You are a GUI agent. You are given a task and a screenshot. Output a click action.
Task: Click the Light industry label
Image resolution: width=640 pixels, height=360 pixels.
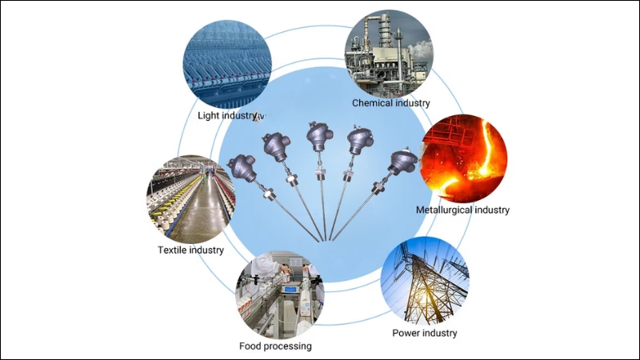point(229,115)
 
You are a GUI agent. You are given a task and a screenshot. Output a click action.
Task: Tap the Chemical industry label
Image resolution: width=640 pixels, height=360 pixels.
point(391,102)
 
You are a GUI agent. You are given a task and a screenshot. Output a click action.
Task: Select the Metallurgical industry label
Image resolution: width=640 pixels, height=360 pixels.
point(462,210)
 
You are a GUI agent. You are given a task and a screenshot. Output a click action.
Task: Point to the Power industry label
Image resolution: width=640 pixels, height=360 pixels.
point(424,332)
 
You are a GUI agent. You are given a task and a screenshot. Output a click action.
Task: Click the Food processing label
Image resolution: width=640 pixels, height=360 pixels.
point(275,346)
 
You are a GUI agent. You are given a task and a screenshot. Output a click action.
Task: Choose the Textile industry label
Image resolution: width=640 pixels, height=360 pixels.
point(191,250)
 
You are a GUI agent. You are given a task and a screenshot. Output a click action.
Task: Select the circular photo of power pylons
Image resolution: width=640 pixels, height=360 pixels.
point(425,281)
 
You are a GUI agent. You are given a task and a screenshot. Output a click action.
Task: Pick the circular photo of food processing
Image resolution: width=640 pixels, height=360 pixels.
point(279,294)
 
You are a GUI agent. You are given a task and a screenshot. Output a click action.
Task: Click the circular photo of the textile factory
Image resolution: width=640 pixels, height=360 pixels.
point(190,200)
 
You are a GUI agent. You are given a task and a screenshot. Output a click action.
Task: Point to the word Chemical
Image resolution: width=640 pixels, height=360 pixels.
point(373,102)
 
